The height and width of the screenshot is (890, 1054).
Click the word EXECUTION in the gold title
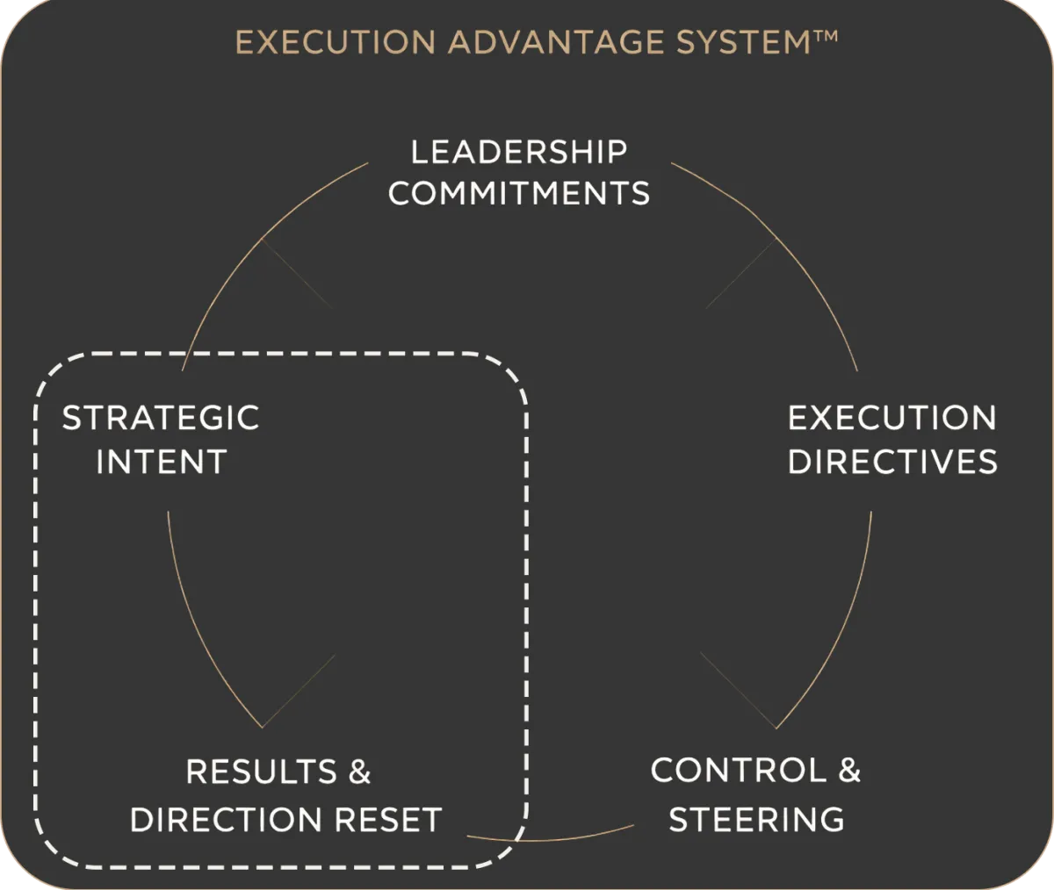(335, 42)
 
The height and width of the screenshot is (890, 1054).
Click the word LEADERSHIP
(519, 152)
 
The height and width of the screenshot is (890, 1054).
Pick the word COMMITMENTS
(519, 193)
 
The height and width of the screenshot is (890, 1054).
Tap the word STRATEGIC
(161, 418)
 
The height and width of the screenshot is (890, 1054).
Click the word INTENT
(162, 462)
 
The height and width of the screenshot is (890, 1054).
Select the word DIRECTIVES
(892, 462)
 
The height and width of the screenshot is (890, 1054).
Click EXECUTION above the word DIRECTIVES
(892, 418)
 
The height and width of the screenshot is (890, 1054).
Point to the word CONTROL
(739, 771)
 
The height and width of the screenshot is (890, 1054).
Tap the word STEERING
(756, 819)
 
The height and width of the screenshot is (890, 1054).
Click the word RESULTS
(261, 772)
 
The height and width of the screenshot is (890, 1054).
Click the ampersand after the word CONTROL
(849, 771)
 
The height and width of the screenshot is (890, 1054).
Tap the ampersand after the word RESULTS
(359, 772)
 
